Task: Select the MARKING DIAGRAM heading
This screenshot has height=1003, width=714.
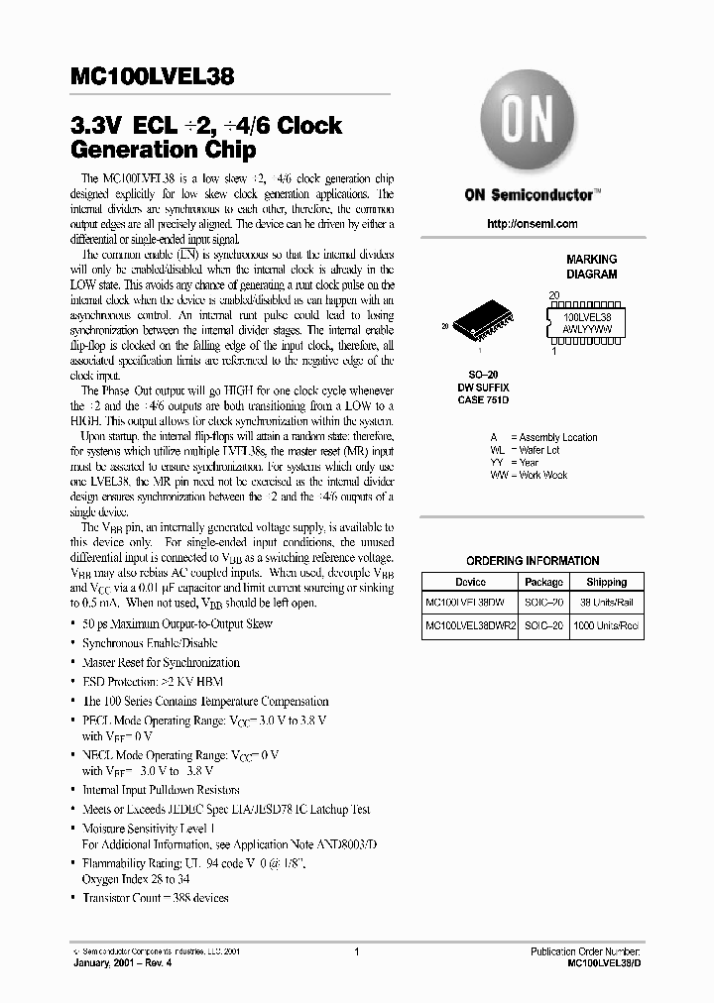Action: pos(591,266)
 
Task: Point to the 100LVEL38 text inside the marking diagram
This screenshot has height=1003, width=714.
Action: pos(586,314)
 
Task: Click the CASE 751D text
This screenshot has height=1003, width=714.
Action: pos(483,400)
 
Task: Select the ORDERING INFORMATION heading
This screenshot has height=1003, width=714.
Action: pos(533,560)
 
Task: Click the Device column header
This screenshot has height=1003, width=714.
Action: pos(470,582)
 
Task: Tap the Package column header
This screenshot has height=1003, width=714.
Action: pos(543,582)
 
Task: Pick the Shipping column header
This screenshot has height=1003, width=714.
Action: pos(606,582)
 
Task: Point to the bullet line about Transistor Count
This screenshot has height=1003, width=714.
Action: pos(155,898)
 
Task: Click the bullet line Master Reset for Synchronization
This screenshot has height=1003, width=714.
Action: pos(160,662)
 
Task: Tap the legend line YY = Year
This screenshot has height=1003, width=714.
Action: pos(515,462)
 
